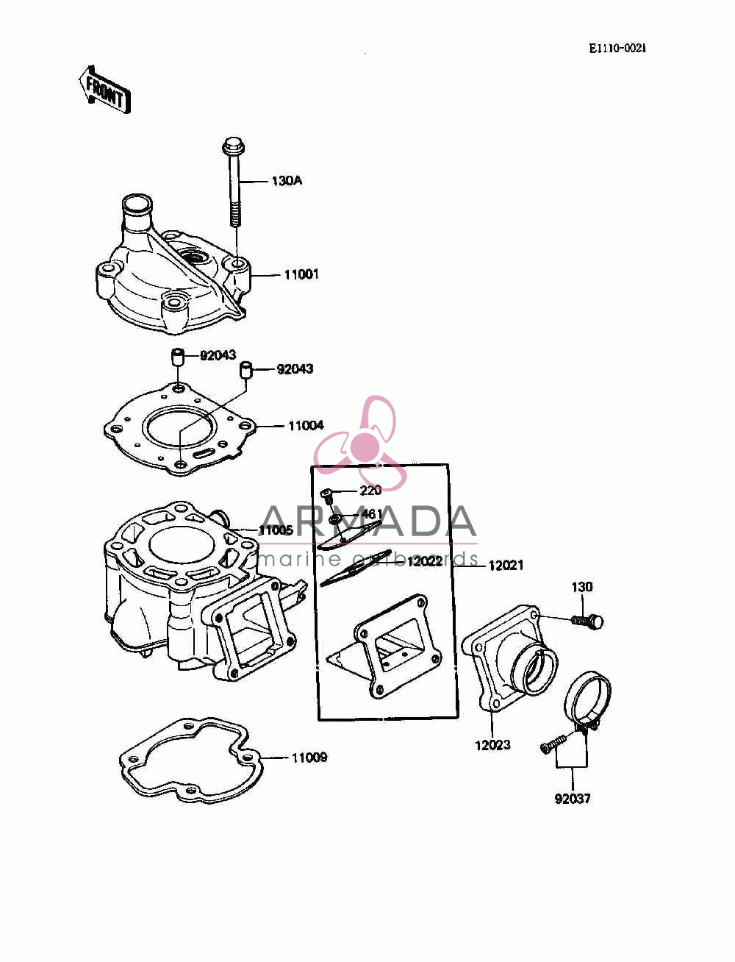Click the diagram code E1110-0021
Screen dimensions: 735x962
(x=617, y=49)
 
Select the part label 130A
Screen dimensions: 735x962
(x=287, y=181)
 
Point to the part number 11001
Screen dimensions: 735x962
(x=301, y=275)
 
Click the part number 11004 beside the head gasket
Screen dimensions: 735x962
(x=306, y=425)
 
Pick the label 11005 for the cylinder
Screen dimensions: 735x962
(x=276, y=530)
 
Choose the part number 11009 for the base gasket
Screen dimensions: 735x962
(x=309, y=758)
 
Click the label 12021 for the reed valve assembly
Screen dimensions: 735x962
(x=506, y=566)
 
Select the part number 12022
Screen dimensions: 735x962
(x=424, y=561)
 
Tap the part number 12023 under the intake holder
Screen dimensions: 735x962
(x=492, y=744)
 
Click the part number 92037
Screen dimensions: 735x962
(x=573, y=798)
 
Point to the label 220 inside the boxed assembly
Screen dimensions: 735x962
(x=370, y=491)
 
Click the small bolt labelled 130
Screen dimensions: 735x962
(x=588, y=621)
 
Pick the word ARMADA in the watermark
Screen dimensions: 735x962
(x=367, y=521)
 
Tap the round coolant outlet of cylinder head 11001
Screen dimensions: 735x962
(x=137, y=204)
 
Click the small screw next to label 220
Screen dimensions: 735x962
(x=327, y=496)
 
